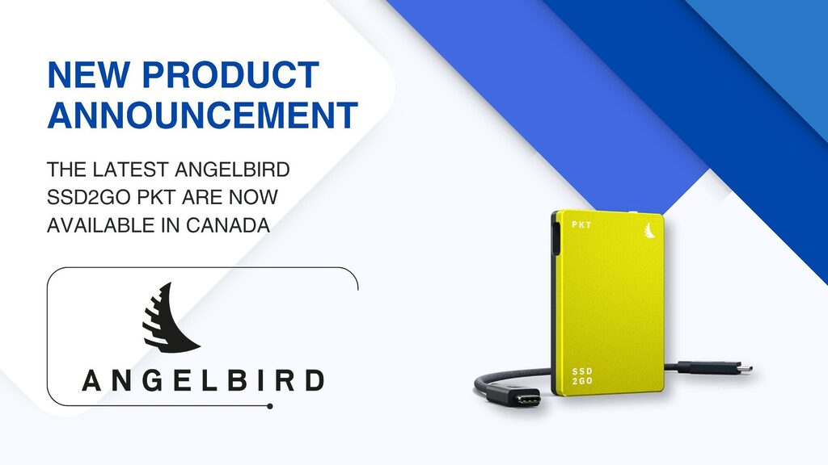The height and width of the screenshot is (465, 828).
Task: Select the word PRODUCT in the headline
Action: click(x=230, y=75)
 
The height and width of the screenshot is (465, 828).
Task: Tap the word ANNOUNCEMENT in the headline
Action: click(x=203, y=115)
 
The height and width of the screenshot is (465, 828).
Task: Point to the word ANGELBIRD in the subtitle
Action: click(x=232, y=170)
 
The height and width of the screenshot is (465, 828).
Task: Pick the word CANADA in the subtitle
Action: click(x=228, y=225)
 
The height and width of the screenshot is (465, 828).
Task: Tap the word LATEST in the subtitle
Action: click(x=130, y=170)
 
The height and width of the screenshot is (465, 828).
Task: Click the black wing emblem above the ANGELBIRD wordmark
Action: click(x=170, y=317)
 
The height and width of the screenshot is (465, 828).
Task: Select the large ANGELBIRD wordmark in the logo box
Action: click(x=203, y=381)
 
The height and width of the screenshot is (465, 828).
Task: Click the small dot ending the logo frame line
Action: click(x=270, y=407)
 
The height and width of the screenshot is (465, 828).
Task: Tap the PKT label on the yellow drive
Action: click(x=581, y=225)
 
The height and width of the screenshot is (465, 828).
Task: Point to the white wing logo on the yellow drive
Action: click(x=649, y=230)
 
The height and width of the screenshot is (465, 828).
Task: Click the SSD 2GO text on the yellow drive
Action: click(x=582, y=376)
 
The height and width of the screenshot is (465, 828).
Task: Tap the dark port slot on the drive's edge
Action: click(x=556, y=238)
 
